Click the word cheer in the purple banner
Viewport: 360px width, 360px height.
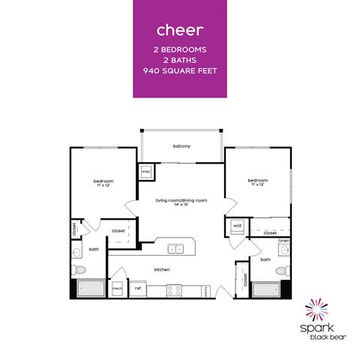(180, 30)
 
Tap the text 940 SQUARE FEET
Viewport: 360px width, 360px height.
(180, 71)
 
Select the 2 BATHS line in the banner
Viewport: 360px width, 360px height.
(180, 61)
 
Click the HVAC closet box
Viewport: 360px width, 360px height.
(145, 172)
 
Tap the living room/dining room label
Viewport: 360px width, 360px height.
(181, 201)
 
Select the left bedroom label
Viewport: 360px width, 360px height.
(103, 181)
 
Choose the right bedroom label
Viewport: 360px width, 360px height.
(257, 180)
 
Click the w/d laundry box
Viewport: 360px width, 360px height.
(236, 224)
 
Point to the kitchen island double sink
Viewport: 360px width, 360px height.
(174, 248)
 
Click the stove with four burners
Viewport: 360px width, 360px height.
(175, 289)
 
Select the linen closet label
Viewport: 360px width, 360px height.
(284, 241)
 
